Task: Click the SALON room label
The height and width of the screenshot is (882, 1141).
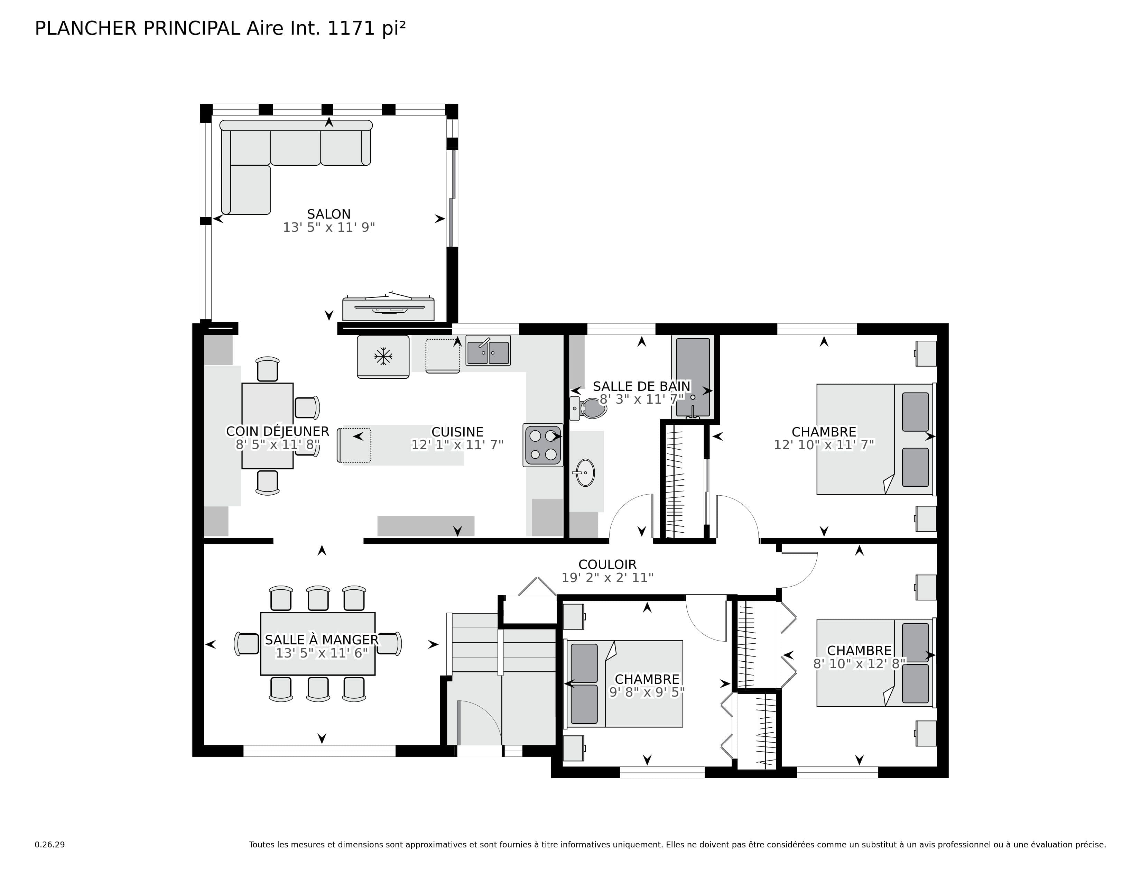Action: click(x=328, y=214)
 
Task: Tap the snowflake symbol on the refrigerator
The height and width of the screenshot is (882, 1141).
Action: click(x=383, y=357)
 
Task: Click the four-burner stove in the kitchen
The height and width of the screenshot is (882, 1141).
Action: click(x=543, y=445)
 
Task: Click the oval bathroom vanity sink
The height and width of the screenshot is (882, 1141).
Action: click(x=585, y=472)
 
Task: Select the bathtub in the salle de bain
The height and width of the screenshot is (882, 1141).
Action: click(x=693, y=376)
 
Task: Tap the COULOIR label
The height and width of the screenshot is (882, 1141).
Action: click(x=607, y=564)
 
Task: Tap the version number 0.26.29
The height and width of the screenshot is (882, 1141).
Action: click(x=50, y=844)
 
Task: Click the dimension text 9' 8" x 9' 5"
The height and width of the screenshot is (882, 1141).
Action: click(x=647, y=692)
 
